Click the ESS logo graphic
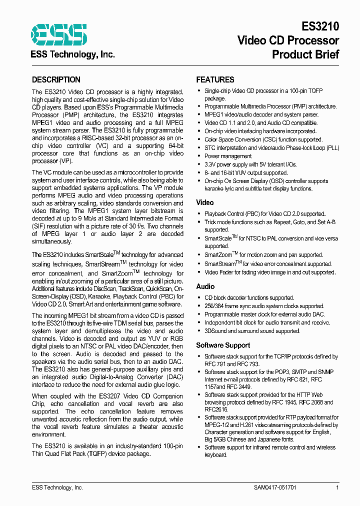pos(59,35)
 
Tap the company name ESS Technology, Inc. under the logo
pos(73,54)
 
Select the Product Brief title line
pos(305,54)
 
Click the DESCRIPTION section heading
pos(56,80)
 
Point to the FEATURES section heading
pos(215,80)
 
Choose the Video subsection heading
pos(205,202)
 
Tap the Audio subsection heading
pos(205,286)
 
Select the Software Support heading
pos(223,345)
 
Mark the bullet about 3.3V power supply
pos(250,164)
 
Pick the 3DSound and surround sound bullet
pos(252,331)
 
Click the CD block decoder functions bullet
pos(249,298)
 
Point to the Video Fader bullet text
pos(269,272)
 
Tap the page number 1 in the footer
pos(337,487)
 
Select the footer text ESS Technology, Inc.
pos(57,487)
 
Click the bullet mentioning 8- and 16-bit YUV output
pos(246,172)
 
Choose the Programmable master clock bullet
pos(264,314)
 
